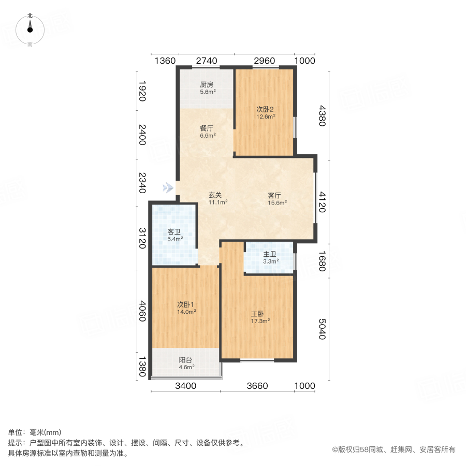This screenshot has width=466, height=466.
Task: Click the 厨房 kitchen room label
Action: click(207, 85)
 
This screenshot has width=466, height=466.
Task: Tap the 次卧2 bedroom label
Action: click(266, 109)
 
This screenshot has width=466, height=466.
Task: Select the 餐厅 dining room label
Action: click(207, 128)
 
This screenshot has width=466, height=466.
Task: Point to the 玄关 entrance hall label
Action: click(215, 195)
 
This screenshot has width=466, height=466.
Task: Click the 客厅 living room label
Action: click(274, 195)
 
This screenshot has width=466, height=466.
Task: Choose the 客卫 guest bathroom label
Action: click(174, 232)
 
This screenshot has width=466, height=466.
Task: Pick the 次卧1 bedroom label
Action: click(185, 304)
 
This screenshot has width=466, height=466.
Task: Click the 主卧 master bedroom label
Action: click(258, 314)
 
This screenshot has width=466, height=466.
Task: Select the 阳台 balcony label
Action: click(186, 360)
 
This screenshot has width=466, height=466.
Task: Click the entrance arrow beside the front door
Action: click(167, 187)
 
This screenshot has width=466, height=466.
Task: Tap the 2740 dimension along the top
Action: click(207, 61)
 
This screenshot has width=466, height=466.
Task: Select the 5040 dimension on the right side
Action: click(323, 330)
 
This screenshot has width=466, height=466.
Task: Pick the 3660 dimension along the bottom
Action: click(257, 385)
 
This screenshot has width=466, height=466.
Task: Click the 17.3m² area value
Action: click(260, 321)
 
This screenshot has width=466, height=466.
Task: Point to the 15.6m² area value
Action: click(278, 202)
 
